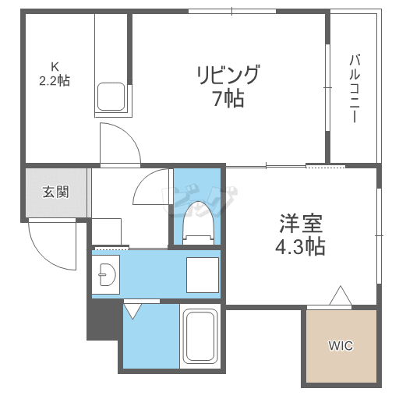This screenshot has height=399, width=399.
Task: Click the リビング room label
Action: click(227, 76)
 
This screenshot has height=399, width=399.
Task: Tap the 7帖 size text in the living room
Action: click(227, 98)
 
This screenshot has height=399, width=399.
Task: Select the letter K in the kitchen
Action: click(55, 65)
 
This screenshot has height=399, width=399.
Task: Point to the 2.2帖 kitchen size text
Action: click(55, 79)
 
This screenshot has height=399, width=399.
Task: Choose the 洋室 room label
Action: click(298, 224)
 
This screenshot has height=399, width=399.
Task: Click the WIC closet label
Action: click(341, 345)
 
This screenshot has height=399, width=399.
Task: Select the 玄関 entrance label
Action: click(55, 192)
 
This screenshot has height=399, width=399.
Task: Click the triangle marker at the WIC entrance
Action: click(340, 297)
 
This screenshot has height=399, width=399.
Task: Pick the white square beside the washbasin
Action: click(201, 274)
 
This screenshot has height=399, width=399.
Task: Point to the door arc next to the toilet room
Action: click(153, 189)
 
